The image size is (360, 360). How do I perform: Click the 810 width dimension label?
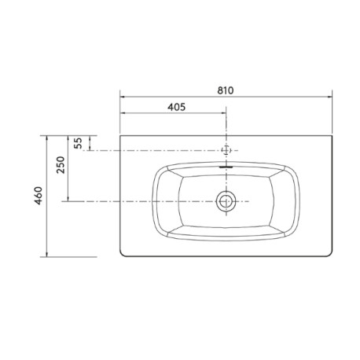(x=225, y=90)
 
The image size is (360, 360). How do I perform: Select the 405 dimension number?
(x=177, y=107)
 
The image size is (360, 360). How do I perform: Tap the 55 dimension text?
(x=78, y=143)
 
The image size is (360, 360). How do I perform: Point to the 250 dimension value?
(x=61, y=164)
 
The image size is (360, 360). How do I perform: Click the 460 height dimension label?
(x=39, y=196)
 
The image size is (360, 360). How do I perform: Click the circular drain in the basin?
(x=226, y=201)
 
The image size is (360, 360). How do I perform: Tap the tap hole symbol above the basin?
(x=226, y=150)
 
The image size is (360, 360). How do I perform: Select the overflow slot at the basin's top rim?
(x=226, y=167)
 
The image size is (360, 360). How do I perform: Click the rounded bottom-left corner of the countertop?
(x=123, y=254)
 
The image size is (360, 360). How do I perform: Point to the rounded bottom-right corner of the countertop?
(x=329, y=254)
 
